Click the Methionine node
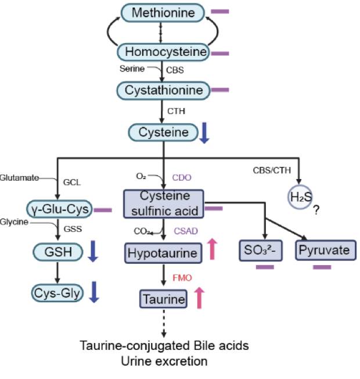[x=163, y=12]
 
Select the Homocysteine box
[x=163, y=52]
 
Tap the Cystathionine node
[x=163, y=91]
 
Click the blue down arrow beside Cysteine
[x=204, y=133]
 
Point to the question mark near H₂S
[x=316, y=211]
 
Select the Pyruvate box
[x=325, y=251]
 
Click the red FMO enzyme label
[x=182, y=278]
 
